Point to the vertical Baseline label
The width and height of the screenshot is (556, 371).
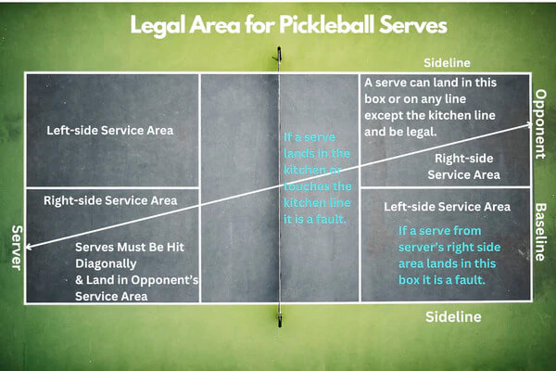pos(540,231)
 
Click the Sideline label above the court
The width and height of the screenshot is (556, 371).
pos(448,62)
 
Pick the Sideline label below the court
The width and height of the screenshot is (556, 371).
pos(453,316)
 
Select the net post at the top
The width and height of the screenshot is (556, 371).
pos(278,57)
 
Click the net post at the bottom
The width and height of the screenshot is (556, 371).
pos(279,319)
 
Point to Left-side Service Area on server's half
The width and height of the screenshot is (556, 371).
pos(109,130)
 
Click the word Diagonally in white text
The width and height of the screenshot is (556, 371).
pos(107,263)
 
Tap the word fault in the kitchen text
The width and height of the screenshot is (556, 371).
pos(326,220)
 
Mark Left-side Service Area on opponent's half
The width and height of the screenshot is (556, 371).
pos(447,206)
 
